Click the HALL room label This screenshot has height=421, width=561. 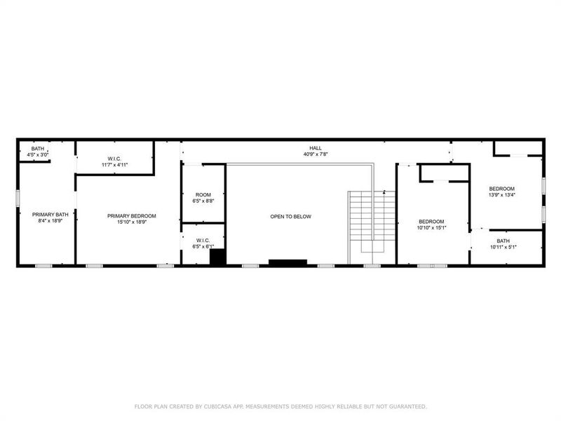coord(316,148)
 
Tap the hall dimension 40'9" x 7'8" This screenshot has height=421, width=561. coord(316,154)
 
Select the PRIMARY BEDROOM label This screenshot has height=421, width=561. coord(131,215)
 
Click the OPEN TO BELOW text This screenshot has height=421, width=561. coord(290,217)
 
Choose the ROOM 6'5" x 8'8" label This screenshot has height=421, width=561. coord(203,194)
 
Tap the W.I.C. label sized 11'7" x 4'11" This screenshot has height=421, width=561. coord(116,159)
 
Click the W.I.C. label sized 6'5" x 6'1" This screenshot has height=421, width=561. coord(203,240)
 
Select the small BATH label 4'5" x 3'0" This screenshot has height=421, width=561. coord(38,149)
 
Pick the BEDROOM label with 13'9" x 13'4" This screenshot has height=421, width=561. coord(501,189)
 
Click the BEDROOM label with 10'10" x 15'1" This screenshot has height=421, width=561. coord(431,221)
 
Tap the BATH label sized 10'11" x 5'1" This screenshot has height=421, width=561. coord(503,241)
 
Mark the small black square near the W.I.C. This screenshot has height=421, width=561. coord(218,258)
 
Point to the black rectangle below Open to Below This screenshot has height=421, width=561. coord(288,262)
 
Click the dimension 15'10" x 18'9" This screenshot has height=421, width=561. coord(131,222)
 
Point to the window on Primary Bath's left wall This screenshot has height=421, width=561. coord(18,198)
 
